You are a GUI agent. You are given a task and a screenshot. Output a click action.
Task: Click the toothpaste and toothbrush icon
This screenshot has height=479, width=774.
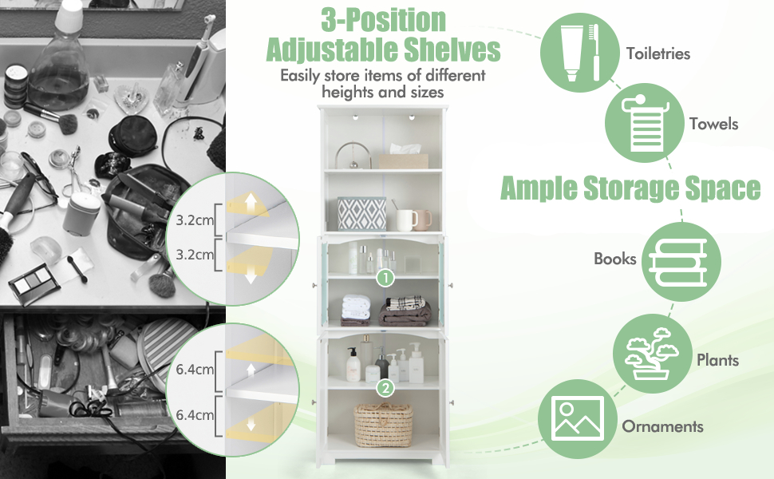[579, 53]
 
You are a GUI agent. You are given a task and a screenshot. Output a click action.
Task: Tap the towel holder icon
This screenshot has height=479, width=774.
[644, 122]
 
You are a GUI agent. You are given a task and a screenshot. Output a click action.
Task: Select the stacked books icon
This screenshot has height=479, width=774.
[681, 262]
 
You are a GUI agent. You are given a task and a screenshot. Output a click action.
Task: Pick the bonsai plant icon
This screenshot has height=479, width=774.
[653, 354]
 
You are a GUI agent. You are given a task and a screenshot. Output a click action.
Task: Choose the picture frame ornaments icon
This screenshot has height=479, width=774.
[578, 419]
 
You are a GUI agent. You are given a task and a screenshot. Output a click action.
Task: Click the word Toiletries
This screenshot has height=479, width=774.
[658, 53]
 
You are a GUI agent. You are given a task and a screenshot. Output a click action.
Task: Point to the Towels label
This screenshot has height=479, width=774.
[714, 124]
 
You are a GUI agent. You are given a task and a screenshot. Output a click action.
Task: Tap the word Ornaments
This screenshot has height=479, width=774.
[662, 426]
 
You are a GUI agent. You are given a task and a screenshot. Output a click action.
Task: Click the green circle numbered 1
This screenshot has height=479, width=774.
[385, 278]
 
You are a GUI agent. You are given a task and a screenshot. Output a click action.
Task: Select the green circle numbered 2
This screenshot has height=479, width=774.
[385, 388]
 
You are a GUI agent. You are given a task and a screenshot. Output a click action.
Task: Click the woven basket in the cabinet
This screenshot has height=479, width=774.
[383, 426]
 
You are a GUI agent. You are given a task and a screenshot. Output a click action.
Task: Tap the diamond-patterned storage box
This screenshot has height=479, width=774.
[361, 214]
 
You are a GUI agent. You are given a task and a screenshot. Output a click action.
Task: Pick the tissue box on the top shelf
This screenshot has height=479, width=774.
[404, 157]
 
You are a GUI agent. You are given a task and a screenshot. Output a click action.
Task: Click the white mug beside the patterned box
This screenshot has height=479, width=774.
[406, 220]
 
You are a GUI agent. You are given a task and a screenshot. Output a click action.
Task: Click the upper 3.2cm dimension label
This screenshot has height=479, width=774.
[195, 220]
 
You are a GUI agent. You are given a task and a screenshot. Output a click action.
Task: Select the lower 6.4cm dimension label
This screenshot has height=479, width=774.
[195, 415]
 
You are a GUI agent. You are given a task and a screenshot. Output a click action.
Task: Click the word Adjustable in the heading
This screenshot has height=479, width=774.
[332, 49]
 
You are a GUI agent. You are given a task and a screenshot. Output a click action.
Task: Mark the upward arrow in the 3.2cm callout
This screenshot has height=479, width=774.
[251, 201]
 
